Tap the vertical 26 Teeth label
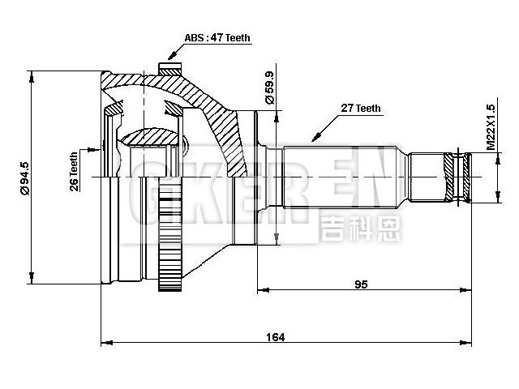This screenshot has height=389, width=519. click(75, 171)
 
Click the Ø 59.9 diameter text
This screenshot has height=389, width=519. click(268, 88)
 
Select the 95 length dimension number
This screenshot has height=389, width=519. click(362, 284)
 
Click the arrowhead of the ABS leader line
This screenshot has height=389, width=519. click(169, 58)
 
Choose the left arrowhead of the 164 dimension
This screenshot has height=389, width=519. click(105, 344)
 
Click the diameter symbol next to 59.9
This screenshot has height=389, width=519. click(268, 104)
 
